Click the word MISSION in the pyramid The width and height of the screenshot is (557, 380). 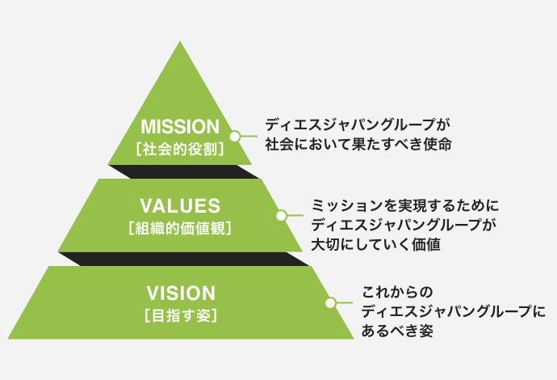tap(180, 127)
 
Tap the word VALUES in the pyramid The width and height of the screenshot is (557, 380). tap(180, 205)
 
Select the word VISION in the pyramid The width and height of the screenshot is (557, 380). tap(181, 292)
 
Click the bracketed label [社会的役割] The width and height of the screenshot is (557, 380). tap(180, 150)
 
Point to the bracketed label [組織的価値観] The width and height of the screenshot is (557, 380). tap(180, 228)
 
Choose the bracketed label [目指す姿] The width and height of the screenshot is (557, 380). tap(181, 315)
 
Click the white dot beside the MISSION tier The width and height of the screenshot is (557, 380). tap(236, 137)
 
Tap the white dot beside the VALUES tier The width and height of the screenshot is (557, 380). tap(282, 216)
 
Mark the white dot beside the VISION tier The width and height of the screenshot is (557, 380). tap(329, 302)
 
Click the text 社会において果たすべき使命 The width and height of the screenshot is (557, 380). tap(358, 146)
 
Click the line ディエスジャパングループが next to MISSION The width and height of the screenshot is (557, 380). tap(356, 126)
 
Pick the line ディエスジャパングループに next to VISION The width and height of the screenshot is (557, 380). tap(453, 310)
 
